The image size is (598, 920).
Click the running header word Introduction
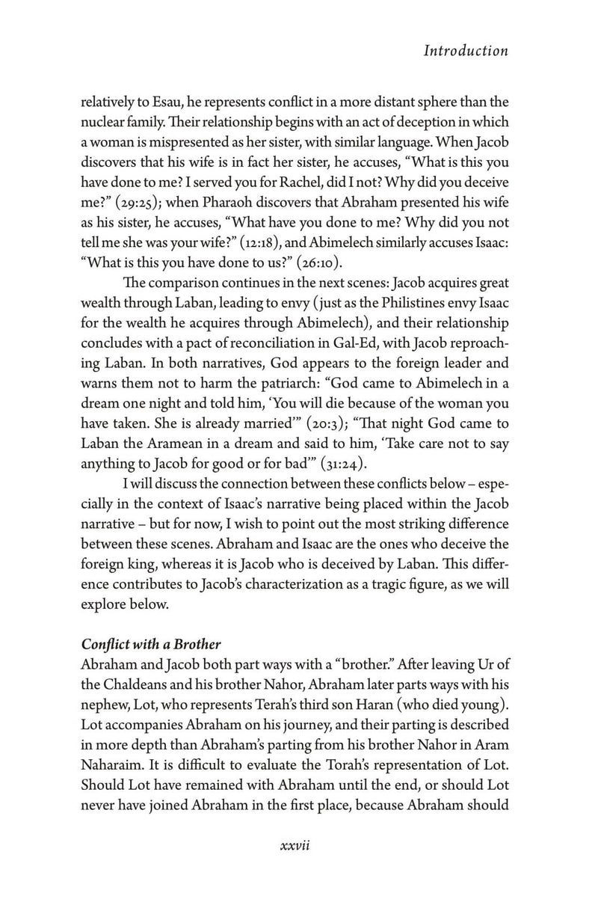465,51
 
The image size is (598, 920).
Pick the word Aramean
181,444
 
